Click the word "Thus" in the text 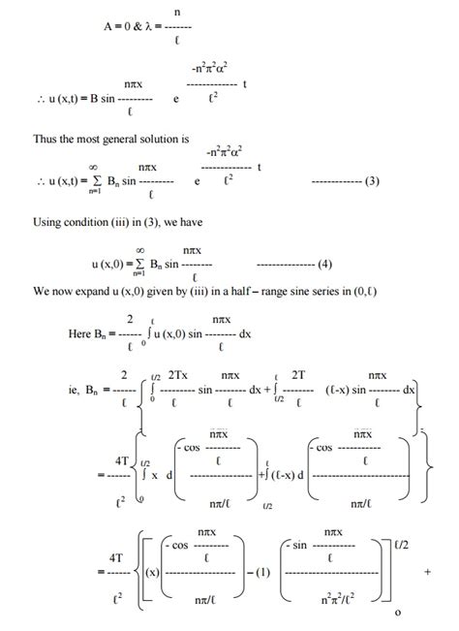pyautogui.click(x=46, y=139)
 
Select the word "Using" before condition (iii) pyautogui.click(x=48, y=222)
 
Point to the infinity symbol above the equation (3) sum pyautogui.click(x=119, y=167)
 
